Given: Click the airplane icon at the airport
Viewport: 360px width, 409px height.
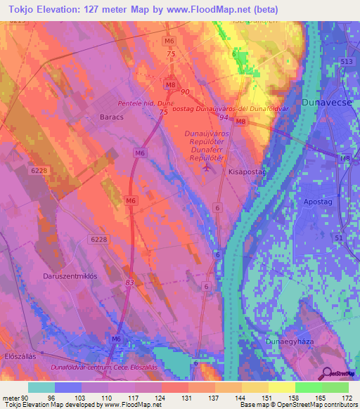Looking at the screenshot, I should click(206, 167).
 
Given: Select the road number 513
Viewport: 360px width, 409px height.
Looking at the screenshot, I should click(346, 62).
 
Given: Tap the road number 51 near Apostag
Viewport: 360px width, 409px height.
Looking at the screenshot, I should click(339, 238).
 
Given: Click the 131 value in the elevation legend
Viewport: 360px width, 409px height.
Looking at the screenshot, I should click(187, 398).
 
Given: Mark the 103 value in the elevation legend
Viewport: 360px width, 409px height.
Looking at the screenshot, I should click(80, 398).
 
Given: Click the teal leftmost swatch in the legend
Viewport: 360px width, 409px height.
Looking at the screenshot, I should click(41, 387).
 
